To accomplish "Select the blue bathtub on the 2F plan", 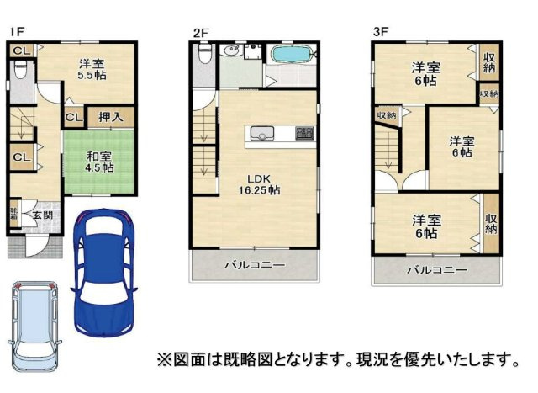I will pos(291,56).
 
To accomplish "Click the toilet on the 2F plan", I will pos(202,55).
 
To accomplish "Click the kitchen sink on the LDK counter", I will pos(261,132).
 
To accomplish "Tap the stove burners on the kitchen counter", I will pos(303,133).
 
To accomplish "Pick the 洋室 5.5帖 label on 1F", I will pos(92,68).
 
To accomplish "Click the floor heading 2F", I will pos(199,33).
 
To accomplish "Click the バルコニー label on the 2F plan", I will pos(254,265).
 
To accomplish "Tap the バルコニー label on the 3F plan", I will pos(437,270).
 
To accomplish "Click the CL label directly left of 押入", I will pos(73,118).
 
